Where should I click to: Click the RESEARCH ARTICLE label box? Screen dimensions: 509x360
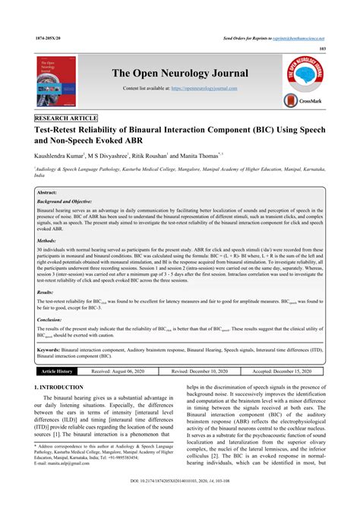67,120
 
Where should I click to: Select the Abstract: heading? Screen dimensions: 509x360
50,194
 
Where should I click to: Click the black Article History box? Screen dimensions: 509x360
57,371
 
